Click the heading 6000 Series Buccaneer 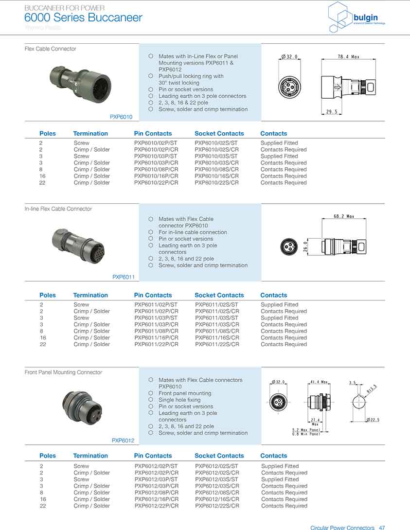pyautogui.click(x=83, y=18)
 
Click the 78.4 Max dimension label pyautogui.click(x=348, y=57)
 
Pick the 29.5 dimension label pyautogui.click(x=332, y=112)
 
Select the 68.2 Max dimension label pyautogui.click(x=344, y=216)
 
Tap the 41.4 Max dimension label pyautogui.click(x=319, y=382)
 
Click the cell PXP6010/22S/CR pyautogui.click(x=216, y=183)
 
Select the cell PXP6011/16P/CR pyautogui.click(x=156, y=338)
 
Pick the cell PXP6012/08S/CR pyautogui.click(x=217, y=493)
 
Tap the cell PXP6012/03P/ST pyautogui.click(x=156, y=479)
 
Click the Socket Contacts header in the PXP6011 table pyautogui.click(x=219, y=295)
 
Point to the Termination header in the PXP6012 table pyautogui.click(x=90, y=456)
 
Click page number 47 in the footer pyautogui.click(x=382, y=528)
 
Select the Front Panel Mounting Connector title pyautogui.click(x=63, y=372)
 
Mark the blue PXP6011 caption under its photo pyautogui.click(x=123, y=277)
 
